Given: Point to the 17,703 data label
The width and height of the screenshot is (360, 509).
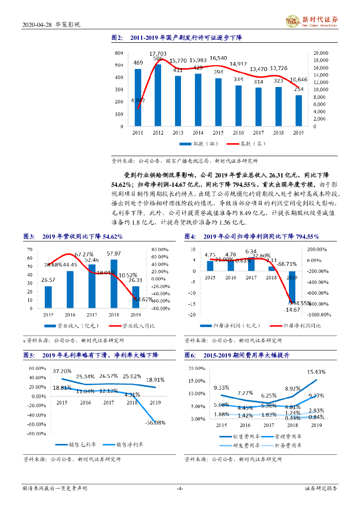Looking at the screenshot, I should pyautogui.click(x=158, y=53).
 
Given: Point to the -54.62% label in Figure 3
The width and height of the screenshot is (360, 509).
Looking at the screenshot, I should pyautogui.click(x=142, y=300).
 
